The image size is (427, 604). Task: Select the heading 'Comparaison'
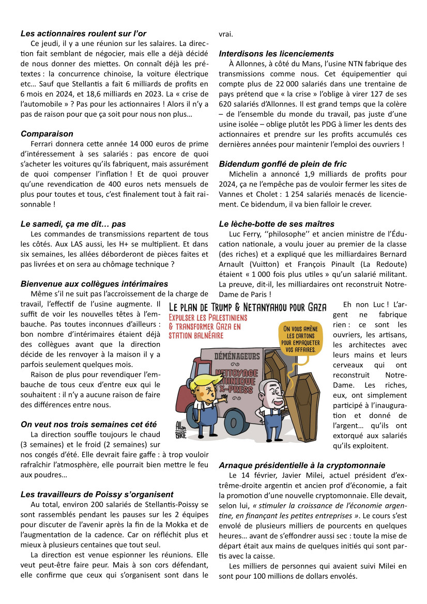pos(47,134)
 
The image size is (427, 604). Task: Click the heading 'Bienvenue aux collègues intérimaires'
pos(94,284)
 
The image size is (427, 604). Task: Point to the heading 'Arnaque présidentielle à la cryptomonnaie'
pos(302,465)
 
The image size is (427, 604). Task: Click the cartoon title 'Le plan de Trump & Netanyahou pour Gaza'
pos(248,307)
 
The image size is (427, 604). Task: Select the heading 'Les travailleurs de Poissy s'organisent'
pos(97,494)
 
